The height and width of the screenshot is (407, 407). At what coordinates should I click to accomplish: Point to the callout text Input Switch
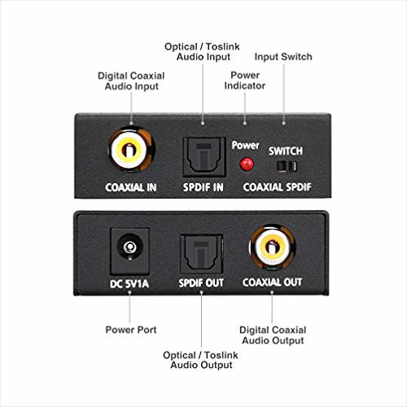(283, 57)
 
